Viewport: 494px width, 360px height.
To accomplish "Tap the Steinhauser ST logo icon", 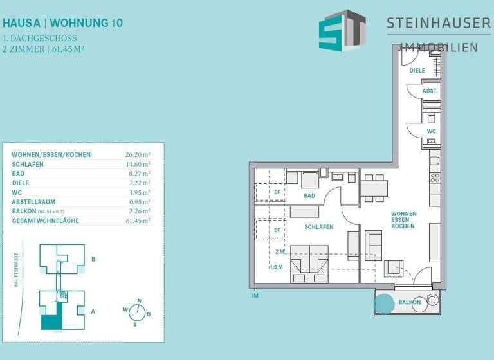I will (x=342, y=31).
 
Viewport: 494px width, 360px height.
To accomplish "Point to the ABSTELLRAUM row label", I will (x=35, y=202).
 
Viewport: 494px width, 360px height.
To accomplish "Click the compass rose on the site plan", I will (x=136, y=312).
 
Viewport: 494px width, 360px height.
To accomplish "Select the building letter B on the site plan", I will (x=94, y=260).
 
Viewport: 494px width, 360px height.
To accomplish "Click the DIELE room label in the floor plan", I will (x=417, y=70).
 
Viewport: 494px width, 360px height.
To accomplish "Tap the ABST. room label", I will (x=430, y=92).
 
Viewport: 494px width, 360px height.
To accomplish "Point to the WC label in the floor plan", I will (x=431, y=131).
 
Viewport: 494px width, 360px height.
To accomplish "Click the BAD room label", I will (x=310, y=195).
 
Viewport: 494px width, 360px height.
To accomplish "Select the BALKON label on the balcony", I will (x=409, y=302).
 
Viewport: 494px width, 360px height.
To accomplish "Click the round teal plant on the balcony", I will (x=385, y=301).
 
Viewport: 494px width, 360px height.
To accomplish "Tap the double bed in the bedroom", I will (x=310, y=264).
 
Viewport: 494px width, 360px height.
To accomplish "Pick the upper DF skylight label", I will (x=277, y=192).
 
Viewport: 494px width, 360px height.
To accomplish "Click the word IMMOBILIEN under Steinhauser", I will (x=439, y=47).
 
